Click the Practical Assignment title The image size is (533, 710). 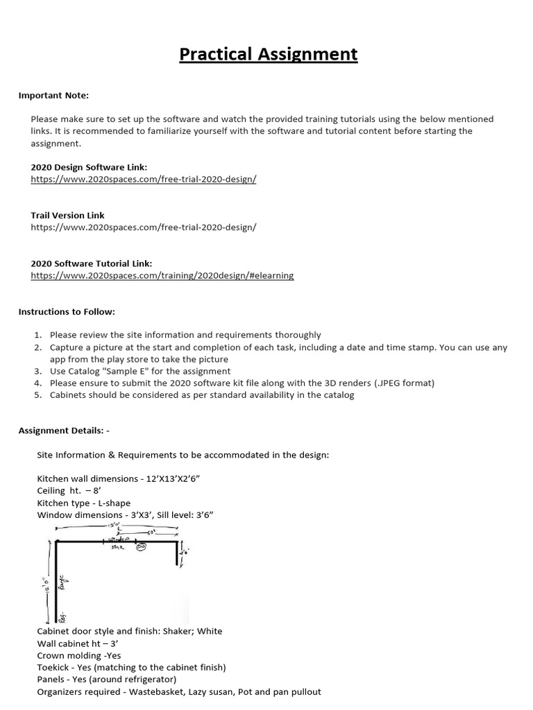click(x=269, y=54)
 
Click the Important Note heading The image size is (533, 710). click(x=53, y=95)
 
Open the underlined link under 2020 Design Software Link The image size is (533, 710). click(x=144, y=179)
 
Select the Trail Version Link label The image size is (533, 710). click(x=68, y=215)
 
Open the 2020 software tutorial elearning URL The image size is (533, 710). click(x=162, y=275)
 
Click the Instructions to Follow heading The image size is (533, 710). click(x=67, y=312)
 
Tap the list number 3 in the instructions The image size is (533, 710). click(x=39, y=371)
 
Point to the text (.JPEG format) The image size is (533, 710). click(x=406, y=383)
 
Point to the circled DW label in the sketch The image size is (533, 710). click(x=142, y=546)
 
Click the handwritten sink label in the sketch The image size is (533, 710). click(x=117, y=547)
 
